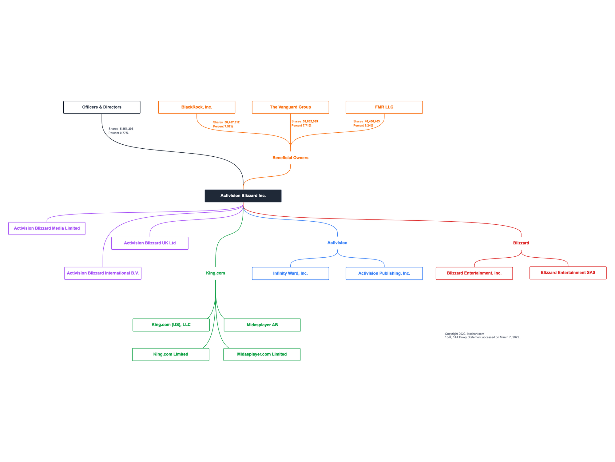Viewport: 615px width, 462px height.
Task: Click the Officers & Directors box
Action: pyautogui.click(x=102, y=107)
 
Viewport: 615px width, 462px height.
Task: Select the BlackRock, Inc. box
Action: pyautogui.click(x=196, y=107)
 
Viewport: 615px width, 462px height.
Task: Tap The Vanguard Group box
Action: pyautogui.click(x=290, y=107)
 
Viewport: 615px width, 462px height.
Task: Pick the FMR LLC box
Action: pyautogui.click(x=384, y=107)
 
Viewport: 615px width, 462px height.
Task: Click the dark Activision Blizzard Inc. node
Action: pyautogui.click(x=243, y=196)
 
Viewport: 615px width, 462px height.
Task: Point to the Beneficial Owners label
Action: pyautogui.click(x=290, y=158)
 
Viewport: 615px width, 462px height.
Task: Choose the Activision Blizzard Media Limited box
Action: pyautogui.click(x=47, y=228)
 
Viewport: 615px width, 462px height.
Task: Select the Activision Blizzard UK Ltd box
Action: pyautogui.click(x=150, y=243)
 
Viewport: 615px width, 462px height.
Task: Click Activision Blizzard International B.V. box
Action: pyautogui.click(x=103, y=273)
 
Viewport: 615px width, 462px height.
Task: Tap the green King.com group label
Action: pyautogui.click(x=215, y=273)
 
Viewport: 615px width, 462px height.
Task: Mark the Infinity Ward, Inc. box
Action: pyautogui.click(x=290, y=273)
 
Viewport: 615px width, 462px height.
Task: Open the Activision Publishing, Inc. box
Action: pyautogui.click(x=384, y=273)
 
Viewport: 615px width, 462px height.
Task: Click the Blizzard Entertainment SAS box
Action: pyautogui.click(x=568, y=273)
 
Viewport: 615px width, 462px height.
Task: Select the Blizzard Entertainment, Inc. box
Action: pyautogui.click(x=474, y=273)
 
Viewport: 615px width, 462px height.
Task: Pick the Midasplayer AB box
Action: pyautogui.click(x=262, y=325)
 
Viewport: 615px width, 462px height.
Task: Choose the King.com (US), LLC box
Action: pyautogui.click(x=171, y=325)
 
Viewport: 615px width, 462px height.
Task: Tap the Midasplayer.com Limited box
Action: pyautogui.click(x=262, y=354)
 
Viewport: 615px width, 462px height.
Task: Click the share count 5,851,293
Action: pyautogui.click(x=126, y=129)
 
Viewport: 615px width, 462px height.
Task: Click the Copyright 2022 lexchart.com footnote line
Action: pyautogui.click(x=464, y=334)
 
